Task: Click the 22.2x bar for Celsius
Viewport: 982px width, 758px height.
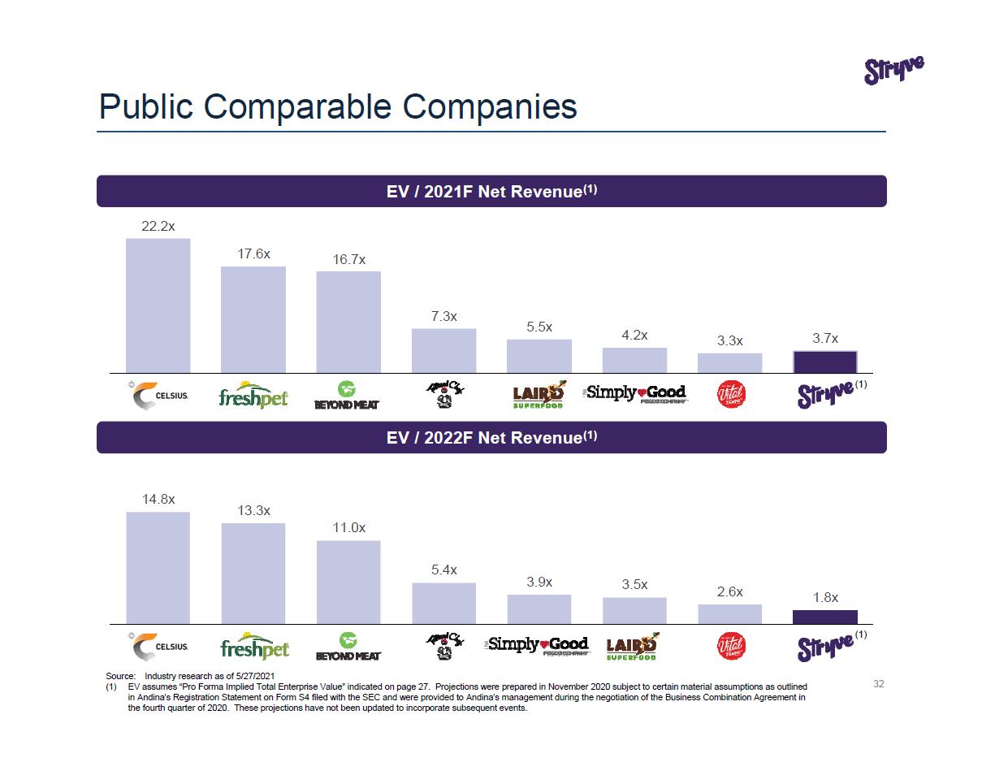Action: tap(158, 305)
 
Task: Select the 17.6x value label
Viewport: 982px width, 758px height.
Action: tap(253, 253)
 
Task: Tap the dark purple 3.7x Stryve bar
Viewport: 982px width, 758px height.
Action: tap(824, 362)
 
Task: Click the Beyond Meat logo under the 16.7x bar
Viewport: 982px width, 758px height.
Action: tap(348, 395)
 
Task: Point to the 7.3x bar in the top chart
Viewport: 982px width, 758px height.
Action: tap(443, 350)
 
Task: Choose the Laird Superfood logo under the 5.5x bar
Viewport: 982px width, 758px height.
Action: tap(539, 395)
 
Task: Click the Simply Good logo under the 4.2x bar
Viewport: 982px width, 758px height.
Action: tap(635, 395)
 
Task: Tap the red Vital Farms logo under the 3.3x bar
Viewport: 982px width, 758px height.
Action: tap(730, 395)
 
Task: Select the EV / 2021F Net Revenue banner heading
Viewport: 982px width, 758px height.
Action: tap(491, 192)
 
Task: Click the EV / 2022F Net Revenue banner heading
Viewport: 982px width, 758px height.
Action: tap(491, 438)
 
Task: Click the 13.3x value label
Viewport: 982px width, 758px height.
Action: tap(253, 510)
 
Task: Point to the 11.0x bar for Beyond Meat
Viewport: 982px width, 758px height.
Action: tap(348, 582)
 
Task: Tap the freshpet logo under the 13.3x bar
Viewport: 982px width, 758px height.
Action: tap(254, 648)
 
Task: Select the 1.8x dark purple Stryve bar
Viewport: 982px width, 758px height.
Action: tap(824, 617)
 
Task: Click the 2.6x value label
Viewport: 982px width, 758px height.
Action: tap(729, 592)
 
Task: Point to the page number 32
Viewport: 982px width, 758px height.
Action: tap(878, 684)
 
